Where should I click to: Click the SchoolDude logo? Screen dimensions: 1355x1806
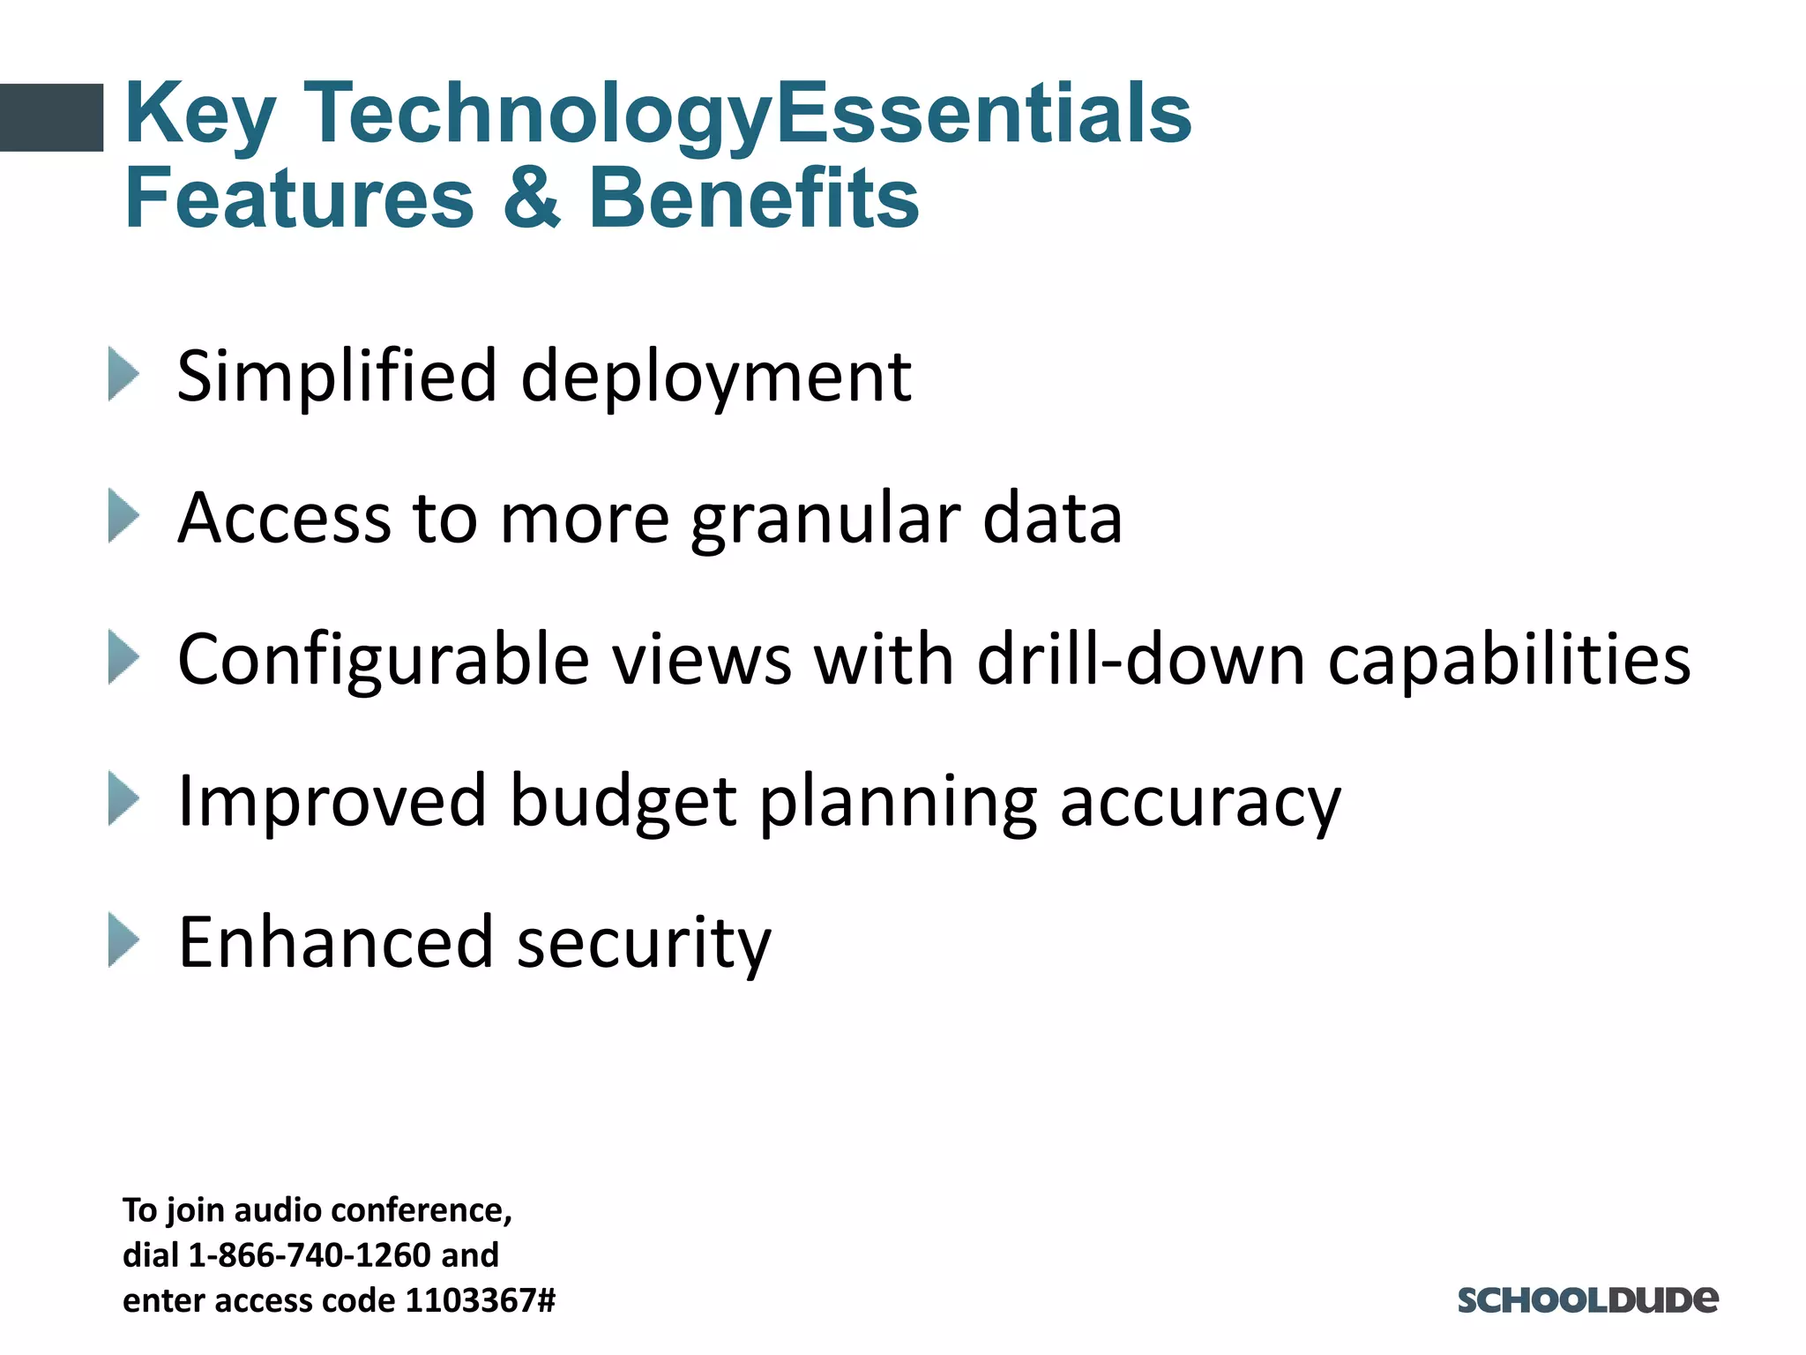[1587, 1299]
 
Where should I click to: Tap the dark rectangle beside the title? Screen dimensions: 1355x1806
[51, 117]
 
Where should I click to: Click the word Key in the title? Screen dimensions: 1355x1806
[201, 115]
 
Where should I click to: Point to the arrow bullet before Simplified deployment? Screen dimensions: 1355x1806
[123, 374]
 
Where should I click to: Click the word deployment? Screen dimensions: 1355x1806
[716, 378]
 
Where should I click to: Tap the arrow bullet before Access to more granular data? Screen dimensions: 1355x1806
[123, 515]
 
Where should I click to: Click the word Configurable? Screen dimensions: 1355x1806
[384, 660]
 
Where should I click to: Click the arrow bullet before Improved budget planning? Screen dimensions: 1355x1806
[123, 798]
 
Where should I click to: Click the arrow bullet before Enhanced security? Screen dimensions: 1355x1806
[123, 940]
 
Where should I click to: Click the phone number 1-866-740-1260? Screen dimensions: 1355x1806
[310, 1254]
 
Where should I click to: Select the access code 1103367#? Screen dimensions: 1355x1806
[480, 1300]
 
